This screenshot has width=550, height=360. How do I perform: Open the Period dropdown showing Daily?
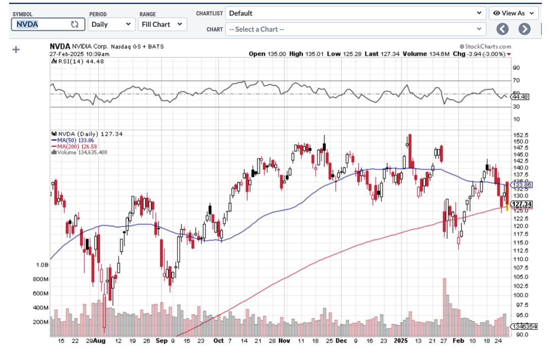pyautogui.click(x=112, y=24)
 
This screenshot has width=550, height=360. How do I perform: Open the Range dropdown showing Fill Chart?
pyautogui.click(x=162, y=24)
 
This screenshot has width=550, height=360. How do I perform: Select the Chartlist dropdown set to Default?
pyautogui.click(x=356, y=13)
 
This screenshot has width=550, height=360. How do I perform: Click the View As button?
pyautogui.click(x=514, y=13)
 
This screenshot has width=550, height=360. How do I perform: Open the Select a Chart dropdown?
pyautogui.click(x=356, y=29)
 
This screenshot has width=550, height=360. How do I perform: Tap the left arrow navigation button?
pyautogui.click(x=502, y=29)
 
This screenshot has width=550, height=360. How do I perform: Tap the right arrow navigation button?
pyautogui.click(x=525, y=29)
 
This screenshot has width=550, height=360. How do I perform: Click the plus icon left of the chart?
pyautogui.click(x=16, y=49)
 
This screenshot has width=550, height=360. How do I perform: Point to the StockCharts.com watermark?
pyautogui.click(x=485, y=46)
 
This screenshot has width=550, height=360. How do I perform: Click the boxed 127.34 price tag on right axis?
pyautogui.click(x=522, y=204)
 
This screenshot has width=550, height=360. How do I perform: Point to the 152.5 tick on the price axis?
pyautogui.click(x=520, y=135)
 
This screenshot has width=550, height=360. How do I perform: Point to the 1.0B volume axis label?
pyautogui.click(x=42, y=265)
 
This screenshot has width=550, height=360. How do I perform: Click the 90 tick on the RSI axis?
pyautogui.click(x=517, y=68)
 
